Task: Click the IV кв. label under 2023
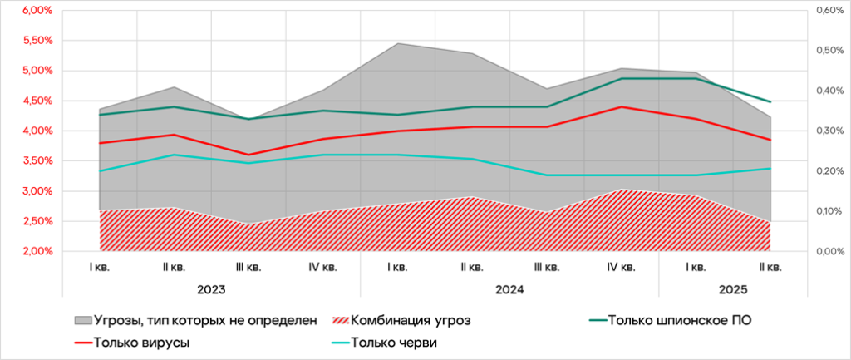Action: tap(323, 267)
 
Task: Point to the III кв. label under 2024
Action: tap(546, 267)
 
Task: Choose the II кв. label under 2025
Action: tap(770, 267)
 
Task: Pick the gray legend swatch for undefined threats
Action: tap(82, 320)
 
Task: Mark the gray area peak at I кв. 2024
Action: tap(397, 43)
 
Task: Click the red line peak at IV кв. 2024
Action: tap(621, 106)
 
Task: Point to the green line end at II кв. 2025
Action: tap(770, 101)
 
